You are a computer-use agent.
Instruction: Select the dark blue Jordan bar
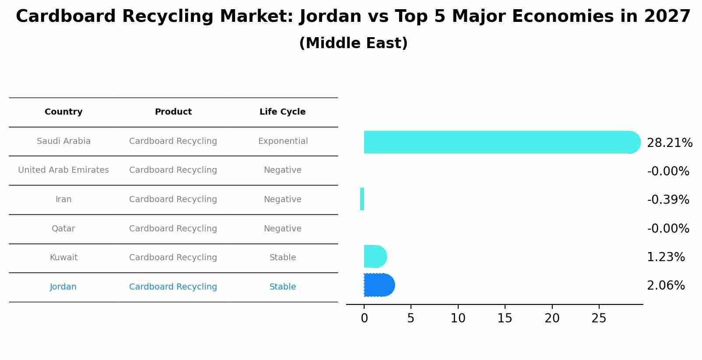pyautogui.click(x=379, y=285)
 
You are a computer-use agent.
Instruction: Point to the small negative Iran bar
pyautogui.click(x=362, y=199)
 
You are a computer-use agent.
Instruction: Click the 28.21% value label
pyautogui.click(x=669, y=143)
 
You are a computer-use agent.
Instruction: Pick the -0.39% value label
pyautogui.click(x=668, y=200)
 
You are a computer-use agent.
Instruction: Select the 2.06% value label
pyautogui.click(x=665, y=286)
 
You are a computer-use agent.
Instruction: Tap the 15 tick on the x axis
pyautogui.click(x=505, y=318)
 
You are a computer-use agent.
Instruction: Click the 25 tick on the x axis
pyautogui.click(x=599, y=318)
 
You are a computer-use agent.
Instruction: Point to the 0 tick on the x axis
pyautogui.click(x=364, y=318)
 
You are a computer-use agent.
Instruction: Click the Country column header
pyautogui.click(x=63, y=112)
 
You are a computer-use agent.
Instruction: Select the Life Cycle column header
pyautogui.click(x=282, y=112)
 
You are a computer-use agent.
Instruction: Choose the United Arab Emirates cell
pyautogui.click(x=63, y=170)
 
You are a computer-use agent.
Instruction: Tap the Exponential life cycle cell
pyautogui.click(x=283, y=141)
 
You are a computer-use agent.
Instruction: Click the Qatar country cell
pyautogui.click(x=63, y=229)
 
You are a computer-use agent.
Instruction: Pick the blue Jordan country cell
pyautogui.click(x=63, y=287)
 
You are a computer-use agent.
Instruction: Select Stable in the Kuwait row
pyautogui.click(x=283, y=258)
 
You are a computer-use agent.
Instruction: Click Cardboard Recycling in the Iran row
pyautogui.click(x=173, y=199)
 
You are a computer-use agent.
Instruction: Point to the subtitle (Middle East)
pyautogui.click(x=353, y=43)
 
